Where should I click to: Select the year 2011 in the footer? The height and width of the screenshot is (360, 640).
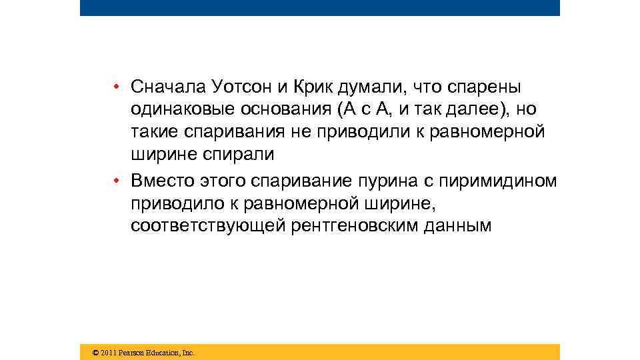[x=108, y=352]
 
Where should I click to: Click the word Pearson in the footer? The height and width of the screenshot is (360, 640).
[x=131, y=352]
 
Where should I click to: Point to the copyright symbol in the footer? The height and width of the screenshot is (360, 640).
[x=95, y=352]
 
